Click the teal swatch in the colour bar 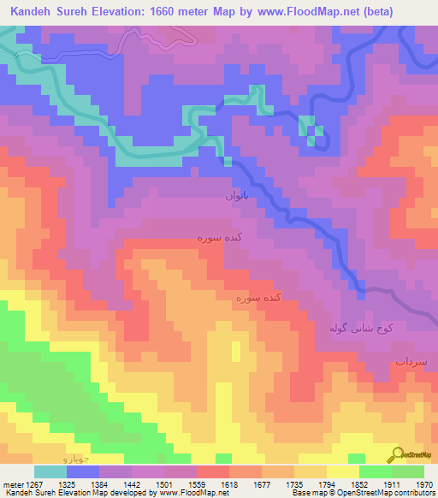pos(50,471)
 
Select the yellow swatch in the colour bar pos(342,471)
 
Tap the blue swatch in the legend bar pos(83,471)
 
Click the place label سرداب pos(411,363)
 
